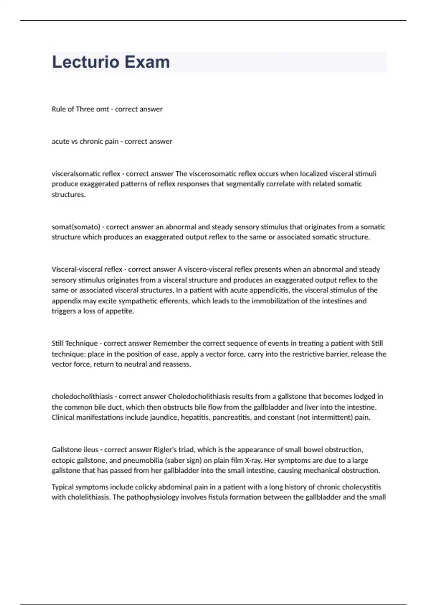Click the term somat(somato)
pyautogui.click(x=76, y=227)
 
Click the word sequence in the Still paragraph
pyautogui.click(x=217, y=343)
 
